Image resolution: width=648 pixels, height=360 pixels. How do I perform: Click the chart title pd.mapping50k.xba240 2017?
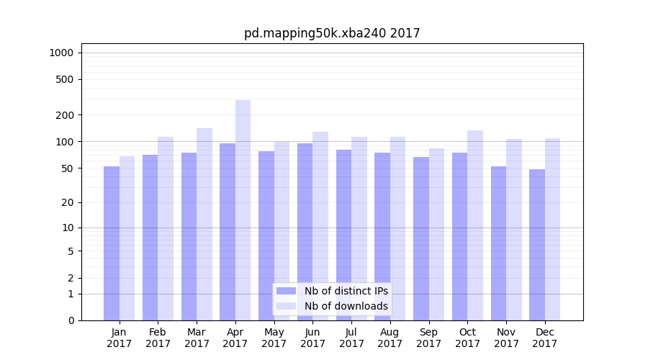[332, 33]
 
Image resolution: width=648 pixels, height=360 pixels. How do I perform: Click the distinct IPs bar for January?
[112, 243]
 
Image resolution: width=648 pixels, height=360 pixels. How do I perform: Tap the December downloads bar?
[552, 229]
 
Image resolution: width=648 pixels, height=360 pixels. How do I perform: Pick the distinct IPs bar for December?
[537, 244]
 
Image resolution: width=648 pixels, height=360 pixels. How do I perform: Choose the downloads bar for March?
[204, 223]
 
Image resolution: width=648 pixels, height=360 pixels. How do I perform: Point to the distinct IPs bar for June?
[305, 230]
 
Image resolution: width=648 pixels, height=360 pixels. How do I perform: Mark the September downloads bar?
[436, 234]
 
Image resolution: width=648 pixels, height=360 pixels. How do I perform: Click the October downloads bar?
[475, 225]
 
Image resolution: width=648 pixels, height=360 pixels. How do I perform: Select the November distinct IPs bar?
[498, 243]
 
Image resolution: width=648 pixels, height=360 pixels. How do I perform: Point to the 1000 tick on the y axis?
[61, 53]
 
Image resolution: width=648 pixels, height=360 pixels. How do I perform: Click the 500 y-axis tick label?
[66, 79]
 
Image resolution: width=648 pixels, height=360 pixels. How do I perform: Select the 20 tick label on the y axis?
[68, 202]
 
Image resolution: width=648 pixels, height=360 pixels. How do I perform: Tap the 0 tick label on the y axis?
[71, 320]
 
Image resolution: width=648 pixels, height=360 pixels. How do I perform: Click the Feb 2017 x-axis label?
[158, 338]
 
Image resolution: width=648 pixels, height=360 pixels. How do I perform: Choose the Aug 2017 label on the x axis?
[390, 338]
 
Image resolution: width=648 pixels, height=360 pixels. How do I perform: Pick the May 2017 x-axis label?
[274, 338]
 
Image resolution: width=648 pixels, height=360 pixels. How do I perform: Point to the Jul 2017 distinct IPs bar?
[343, 234]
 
